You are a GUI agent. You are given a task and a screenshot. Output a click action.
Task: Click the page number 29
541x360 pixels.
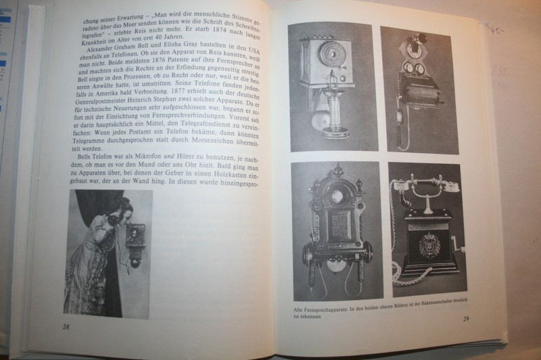tap(465, 319)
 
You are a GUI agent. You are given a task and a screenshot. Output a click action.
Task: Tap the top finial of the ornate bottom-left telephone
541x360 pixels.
tap(336, 169)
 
